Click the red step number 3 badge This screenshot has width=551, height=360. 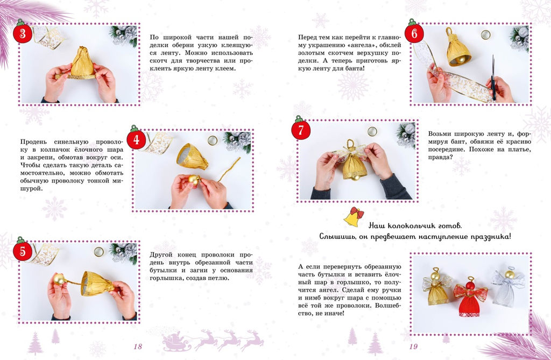pos(23,33)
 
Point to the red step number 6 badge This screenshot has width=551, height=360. pos(414,33)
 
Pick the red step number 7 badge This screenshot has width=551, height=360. pos(301,130)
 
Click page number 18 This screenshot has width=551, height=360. pos(138,347)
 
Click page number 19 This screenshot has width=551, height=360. pos(413,347)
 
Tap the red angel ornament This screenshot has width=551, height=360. pos(470,296)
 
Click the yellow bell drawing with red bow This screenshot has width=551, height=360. pos(354,216)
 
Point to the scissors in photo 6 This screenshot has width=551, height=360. pos(493,77)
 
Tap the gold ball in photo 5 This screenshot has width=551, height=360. pos(59,279)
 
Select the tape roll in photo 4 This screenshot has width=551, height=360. pos(212,140)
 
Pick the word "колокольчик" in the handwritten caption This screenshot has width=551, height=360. pos(415,225)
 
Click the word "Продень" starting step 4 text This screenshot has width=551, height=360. pos(34,142)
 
